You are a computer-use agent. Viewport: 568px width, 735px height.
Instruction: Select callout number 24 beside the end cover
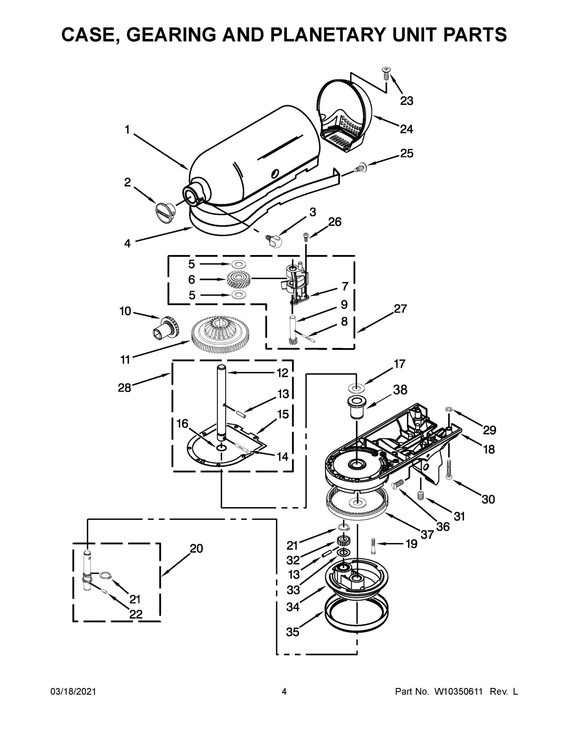(406, 129)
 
